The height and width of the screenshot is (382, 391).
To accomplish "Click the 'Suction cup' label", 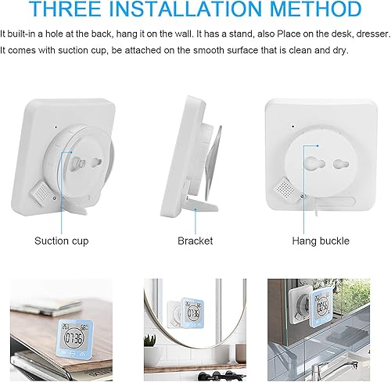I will [x=62, y=241].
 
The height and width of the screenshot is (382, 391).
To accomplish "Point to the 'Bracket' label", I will [x=195, y=241].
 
